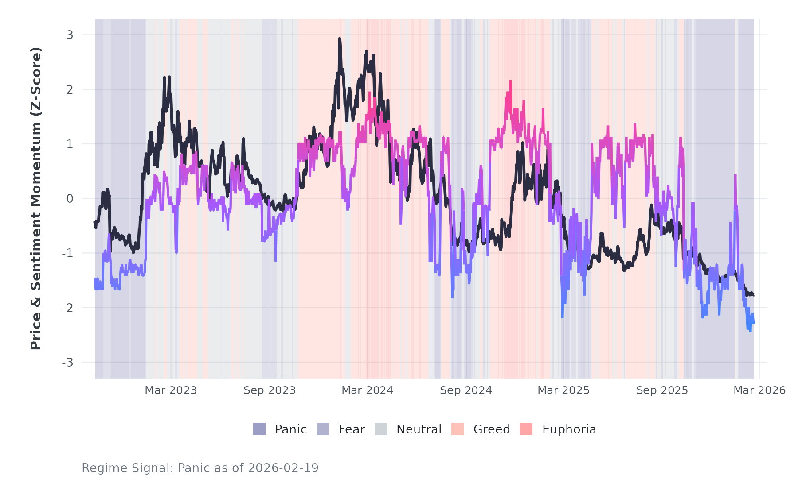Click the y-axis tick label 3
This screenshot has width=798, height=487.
(x=70, y=35)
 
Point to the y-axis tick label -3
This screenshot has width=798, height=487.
(x=67, y=363)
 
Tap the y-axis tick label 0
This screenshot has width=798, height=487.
(x=70, y=199)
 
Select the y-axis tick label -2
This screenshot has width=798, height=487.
(x=67, y=308)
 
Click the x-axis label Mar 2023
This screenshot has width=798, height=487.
(x=171, y=390)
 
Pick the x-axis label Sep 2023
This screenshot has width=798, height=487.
(x=270, y=390)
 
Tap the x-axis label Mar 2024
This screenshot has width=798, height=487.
(x=368, y=390)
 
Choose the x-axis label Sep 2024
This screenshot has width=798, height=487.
(x=466, y=390)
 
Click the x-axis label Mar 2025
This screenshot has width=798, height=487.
(x=563, y=390)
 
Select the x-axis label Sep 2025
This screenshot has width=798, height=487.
(x=662, y=390)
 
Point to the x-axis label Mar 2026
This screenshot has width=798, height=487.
(x=759, y=390)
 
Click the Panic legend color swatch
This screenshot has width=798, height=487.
(x=259, y=429)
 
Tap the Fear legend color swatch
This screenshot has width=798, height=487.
(x=323, y=429)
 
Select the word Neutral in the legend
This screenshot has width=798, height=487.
(x=419, y=429)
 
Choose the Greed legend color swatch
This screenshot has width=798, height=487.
(x=458, y=429)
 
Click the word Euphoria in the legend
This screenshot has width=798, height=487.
(x=569, y=429)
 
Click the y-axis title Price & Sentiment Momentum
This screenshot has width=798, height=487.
(x=36, y=198)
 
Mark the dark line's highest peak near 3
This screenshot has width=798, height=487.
(x=340, y=39)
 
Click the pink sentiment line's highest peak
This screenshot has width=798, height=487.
(x=510, y=81)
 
